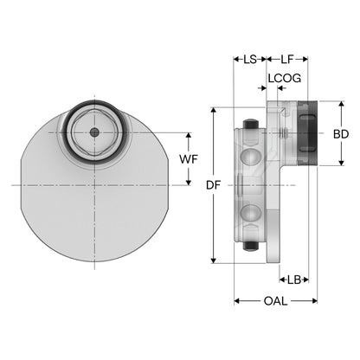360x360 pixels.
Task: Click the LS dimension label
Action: click(250, 60)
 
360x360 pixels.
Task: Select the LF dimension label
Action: click(287, 60)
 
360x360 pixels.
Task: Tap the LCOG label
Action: click(285, 78)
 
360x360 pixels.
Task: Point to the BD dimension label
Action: click(341, 134)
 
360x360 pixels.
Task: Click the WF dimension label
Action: click(189, 159)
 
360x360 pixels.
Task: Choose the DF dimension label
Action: click(214, 185)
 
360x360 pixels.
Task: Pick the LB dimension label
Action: click(294, 280)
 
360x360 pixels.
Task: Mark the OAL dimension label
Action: click(275, 301)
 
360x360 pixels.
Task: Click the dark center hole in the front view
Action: click(94, 132)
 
